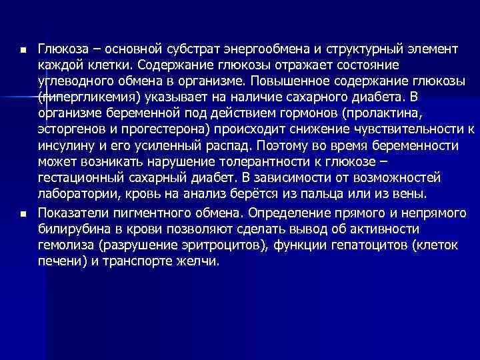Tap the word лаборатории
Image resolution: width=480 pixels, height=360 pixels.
point(76,193)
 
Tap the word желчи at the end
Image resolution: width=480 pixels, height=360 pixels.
point(199,261)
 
